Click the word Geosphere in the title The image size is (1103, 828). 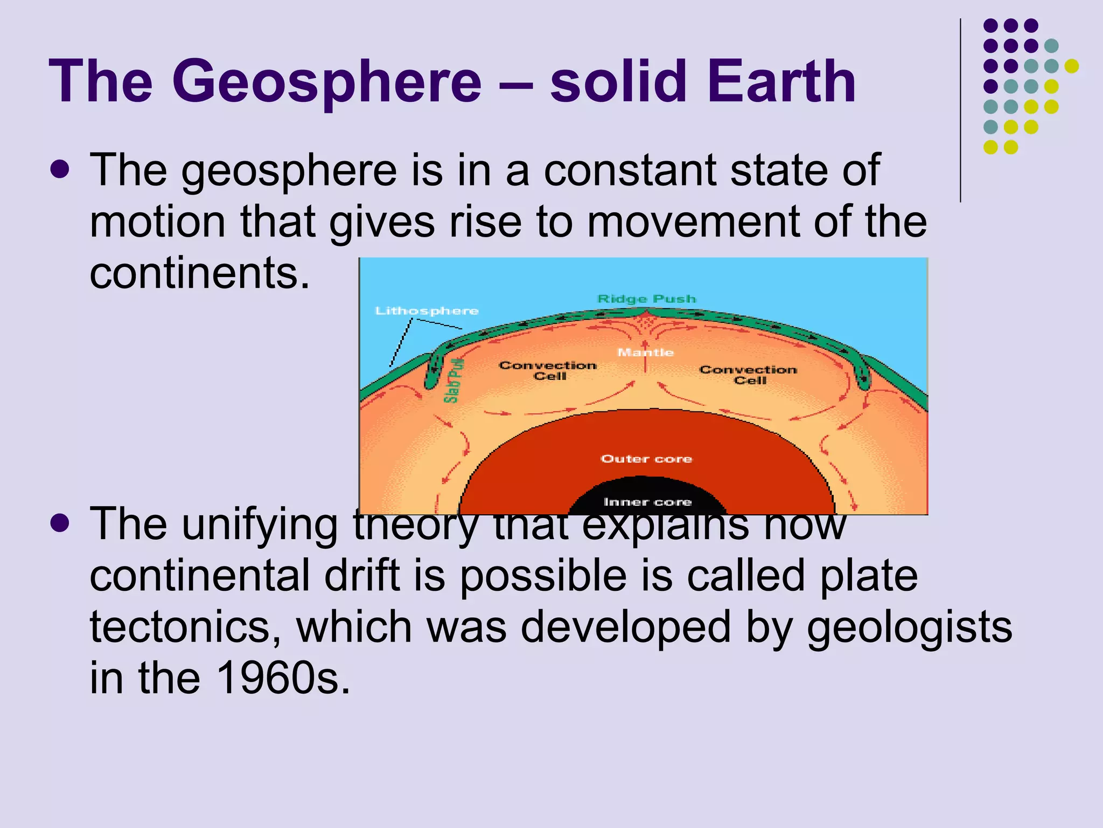(327, 82)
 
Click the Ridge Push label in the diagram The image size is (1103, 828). (647, 299)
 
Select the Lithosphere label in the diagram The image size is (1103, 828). (427, 311)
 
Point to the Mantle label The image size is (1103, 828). (646, 353)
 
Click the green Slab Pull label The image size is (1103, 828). (453, 381)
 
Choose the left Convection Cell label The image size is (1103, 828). (548, 371)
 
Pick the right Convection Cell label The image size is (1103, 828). (749, 375)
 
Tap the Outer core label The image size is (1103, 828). (646, 459)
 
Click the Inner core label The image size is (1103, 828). (647, 502)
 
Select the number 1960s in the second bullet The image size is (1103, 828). (282, 678)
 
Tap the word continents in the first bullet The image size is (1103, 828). (199, 273)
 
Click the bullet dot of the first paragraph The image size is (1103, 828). (59, 169)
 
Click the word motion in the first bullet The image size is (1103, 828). (157, 222)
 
